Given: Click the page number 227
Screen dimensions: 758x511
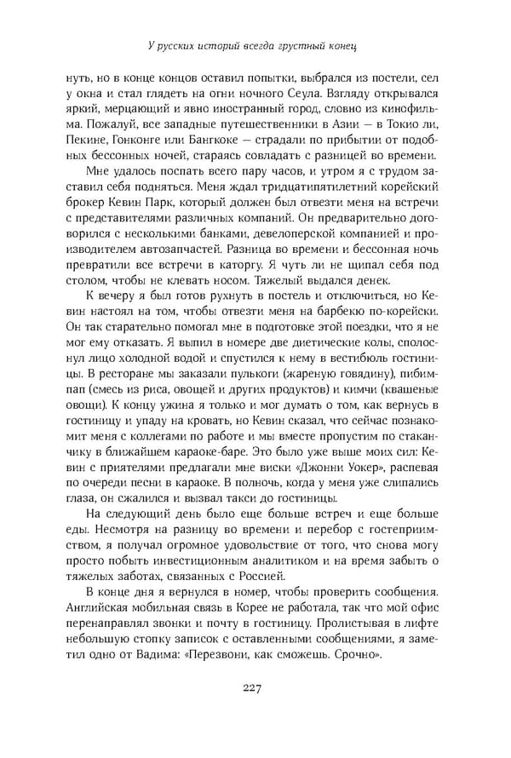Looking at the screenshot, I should point(255,689).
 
